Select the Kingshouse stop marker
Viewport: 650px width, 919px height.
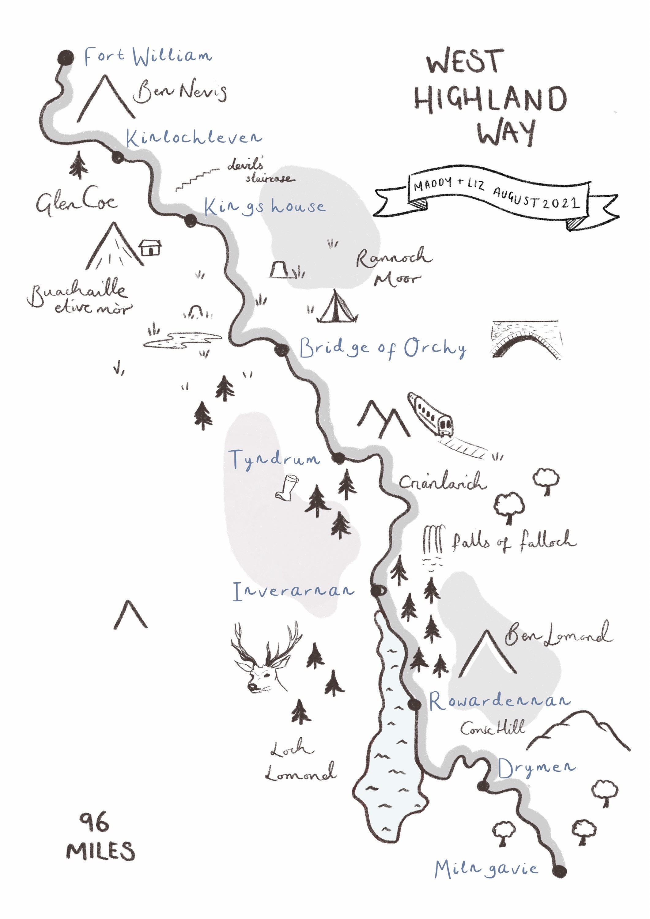point(191,220)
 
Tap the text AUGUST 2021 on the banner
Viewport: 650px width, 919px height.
point(536,198)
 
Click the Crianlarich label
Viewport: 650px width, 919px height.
point(443,482)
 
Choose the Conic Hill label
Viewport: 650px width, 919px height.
point(492,728)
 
